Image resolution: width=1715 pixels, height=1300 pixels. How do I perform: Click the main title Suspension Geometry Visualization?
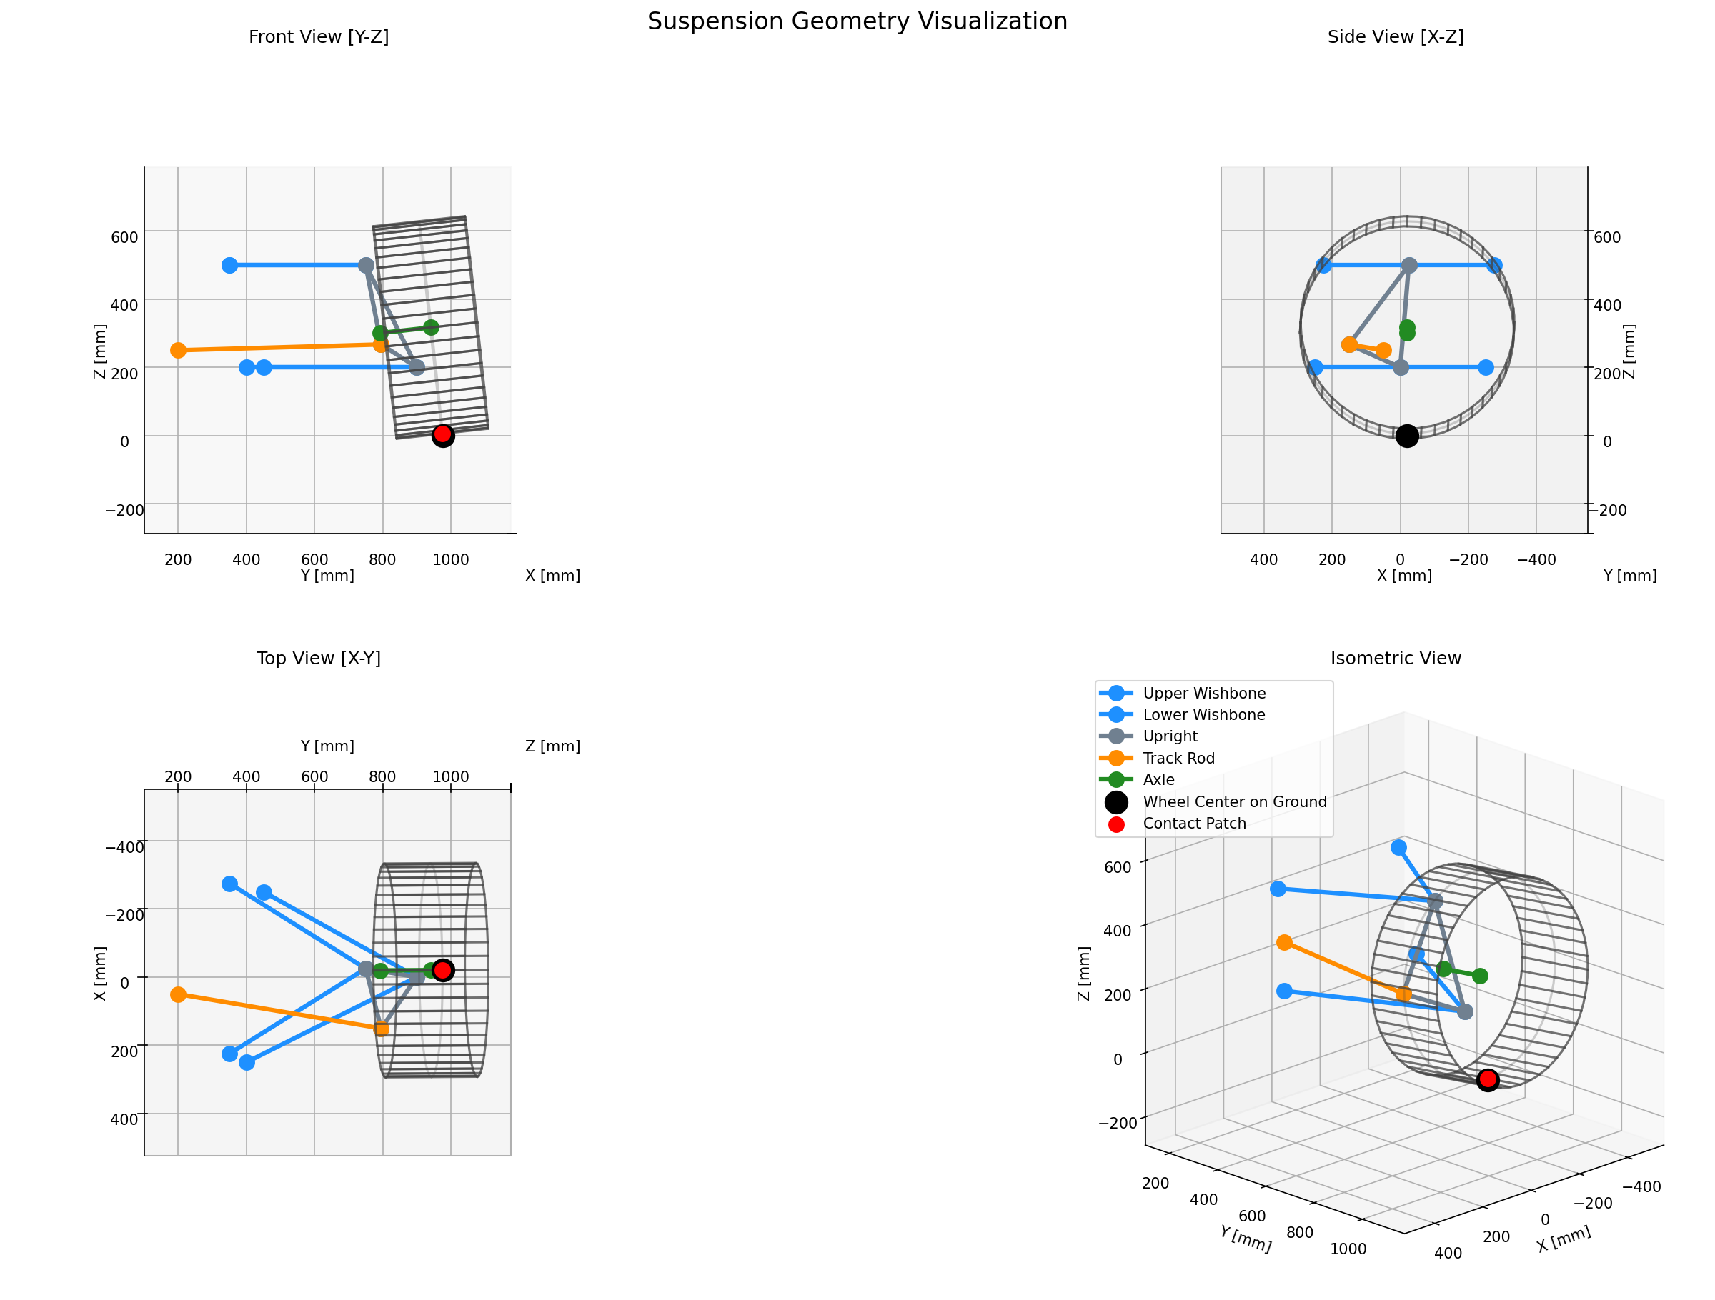pyautogui.click(x=857, y=21)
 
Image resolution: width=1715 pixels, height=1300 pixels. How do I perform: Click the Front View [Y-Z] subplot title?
pyautogui.click(x=319, y=37)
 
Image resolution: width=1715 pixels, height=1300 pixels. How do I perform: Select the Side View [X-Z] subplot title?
pyautogui.click(x=1395, y=37)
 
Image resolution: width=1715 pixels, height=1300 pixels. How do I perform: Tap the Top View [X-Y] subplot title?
pyautogui.click(x=319, y=658)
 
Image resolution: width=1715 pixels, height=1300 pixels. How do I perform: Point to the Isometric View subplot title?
pyautogui.click(x=1395, y=658)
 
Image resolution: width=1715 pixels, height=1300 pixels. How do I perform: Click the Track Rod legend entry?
pyautogui.click(x=1178, y=758)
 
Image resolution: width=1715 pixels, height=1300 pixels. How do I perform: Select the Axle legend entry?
pyautogui.click(x=1158, y=780)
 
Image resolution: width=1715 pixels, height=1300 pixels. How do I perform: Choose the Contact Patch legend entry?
pyautogui.click(x=1194, y=824)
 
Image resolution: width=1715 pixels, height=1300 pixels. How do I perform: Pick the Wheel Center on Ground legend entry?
pyautogui.click(x=1234, y=801)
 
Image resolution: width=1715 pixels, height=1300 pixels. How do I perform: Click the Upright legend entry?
pyautogui.click(x=1170, y=736)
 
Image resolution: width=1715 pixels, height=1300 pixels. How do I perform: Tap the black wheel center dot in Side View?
pyautogui.click(x=1406, y=436)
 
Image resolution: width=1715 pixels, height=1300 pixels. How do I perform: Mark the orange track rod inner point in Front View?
pyautogui.click(x=179, y=351)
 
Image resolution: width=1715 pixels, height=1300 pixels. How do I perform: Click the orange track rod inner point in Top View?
pyautogui.click(x=179, y=994)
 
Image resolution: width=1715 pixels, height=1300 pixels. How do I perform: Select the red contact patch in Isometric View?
pyautogui.click(x=1487, y=1079)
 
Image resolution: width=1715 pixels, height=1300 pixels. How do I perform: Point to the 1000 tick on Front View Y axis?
pyautogui.click(x=450, y=560)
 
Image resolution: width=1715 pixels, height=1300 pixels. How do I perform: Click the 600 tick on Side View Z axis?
pyautogui.click(x=1606, y=237)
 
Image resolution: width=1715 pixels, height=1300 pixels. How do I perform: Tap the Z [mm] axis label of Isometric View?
pyautogui.click(x=1084, y=973)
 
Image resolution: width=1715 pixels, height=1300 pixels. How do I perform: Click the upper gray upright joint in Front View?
pyautogui.click(x=366, y=265)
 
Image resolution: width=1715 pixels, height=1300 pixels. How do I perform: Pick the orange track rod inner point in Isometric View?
pyautogui.click(x=1284, y=943)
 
